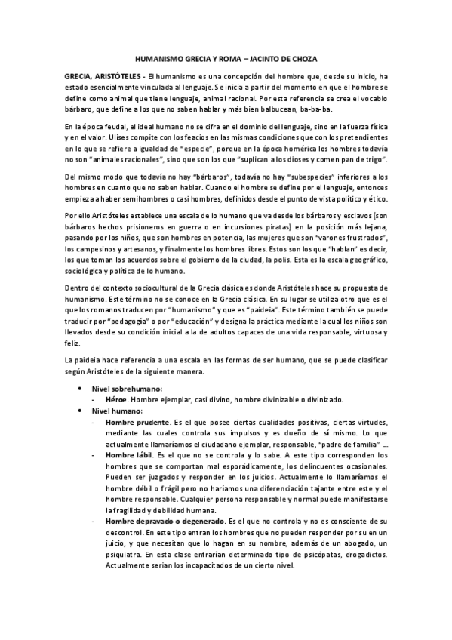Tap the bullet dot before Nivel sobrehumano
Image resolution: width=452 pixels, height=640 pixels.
click(x=81, y=388)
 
